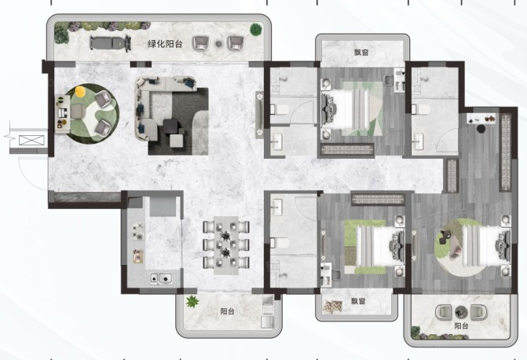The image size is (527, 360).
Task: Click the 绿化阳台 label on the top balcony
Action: (165, 44)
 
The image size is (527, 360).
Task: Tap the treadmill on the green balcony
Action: (111, 43)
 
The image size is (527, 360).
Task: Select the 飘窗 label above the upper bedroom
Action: (361, 53)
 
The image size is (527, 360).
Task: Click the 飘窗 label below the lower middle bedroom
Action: (358, 301)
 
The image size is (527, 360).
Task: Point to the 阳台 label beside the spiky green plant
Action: (227, 311)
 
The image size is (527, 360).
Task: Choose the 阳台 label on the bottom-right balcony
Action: (461, 325)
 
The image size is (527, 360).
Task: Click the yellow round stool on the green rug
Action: (80, 91)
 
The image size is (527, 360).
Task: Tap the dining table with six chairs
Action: (226, 244)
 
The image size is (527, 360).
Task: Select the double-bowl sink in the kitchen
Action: (161, 278)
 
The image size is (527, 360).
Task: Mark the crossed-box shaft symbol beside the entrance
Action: (31, 140)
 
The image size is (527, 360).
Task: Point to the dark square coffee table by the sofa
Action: (171, 127)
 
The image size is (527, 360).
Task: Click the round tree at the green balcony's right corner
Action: (256, 29)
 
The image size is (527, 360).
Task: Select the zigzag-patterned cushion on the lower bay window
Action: (333, 307)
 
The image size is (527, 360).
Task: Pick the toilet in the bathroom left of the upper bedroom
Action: (280, 109)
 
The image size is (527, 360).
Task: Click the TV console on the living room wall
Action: (259, 115)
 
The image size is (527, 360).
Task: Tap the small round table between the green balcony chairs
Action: (219, 44)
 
